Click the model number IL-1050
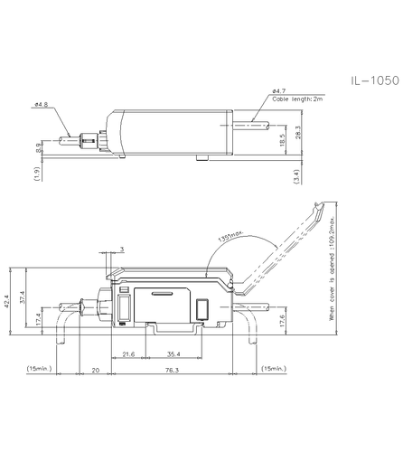coord(373,80)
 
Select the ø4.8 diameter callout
coord(40,106)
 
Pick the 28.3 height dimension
coord(297,133)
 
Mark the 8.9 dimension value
coord(37,146)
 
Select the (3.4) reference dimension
coord(297,176)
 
